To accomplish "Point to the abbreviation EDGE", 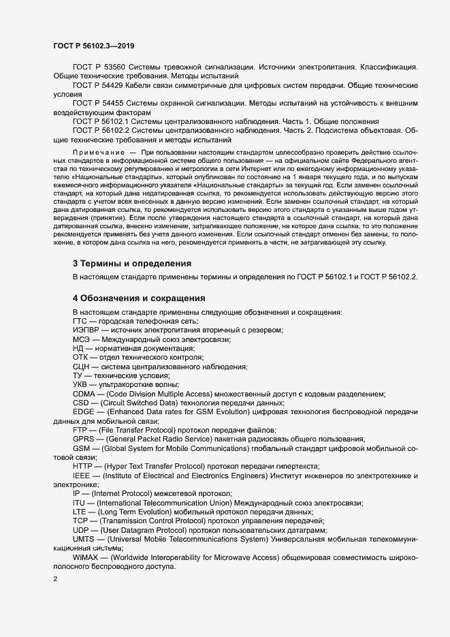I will (83, 413).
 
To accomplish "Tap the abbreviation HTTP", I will (83, 467).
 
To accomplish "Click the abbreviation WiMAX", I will (86, 557).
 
